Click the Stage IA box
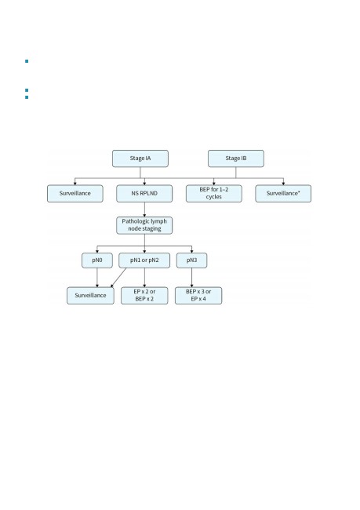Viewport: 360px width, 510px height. (140, 158)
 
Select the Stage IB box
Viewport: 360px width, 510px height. (236, 158)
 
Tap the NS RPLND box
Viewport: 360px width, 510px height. (144, 194)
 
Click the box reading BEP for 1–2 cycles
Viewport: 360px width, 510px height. (214, 194)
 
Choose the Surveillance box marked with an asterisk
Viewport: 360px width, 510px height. (283, 194)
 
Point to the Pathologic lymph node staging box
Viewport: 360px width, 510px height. (144, 225)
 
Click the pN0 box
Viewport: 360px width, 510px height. (97, 260)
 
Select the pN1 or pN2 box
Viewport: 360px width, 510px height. (144, 260)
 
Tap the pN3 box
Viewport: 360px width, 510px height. (191, 260)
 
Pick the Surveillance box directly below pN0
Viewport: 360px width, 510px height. (90, 296)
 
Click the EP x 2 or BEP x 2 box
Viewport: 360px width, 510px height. (144, 296)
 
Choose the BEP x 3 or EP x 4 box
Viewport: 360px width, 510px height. (198, 296)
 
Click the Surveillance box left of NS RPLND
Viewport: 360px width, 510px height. (75, 194)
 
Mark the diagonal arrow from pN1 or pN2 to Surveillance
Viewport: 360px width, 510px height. (118, 278)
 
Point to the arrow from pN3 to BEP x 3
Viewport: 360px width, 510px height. (191, 278)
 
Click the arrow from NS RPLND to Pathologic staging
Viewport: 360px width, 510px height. (144, 209)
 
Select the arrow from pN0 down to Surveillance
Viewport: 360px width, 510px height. (97, 278)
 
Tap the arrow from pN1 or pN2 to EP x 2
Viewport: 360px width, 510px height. (144, 278)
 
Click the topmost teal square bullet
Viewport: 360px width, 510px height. (27, 61)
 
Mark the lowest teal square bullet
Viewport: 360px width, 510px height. (27, 97)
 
